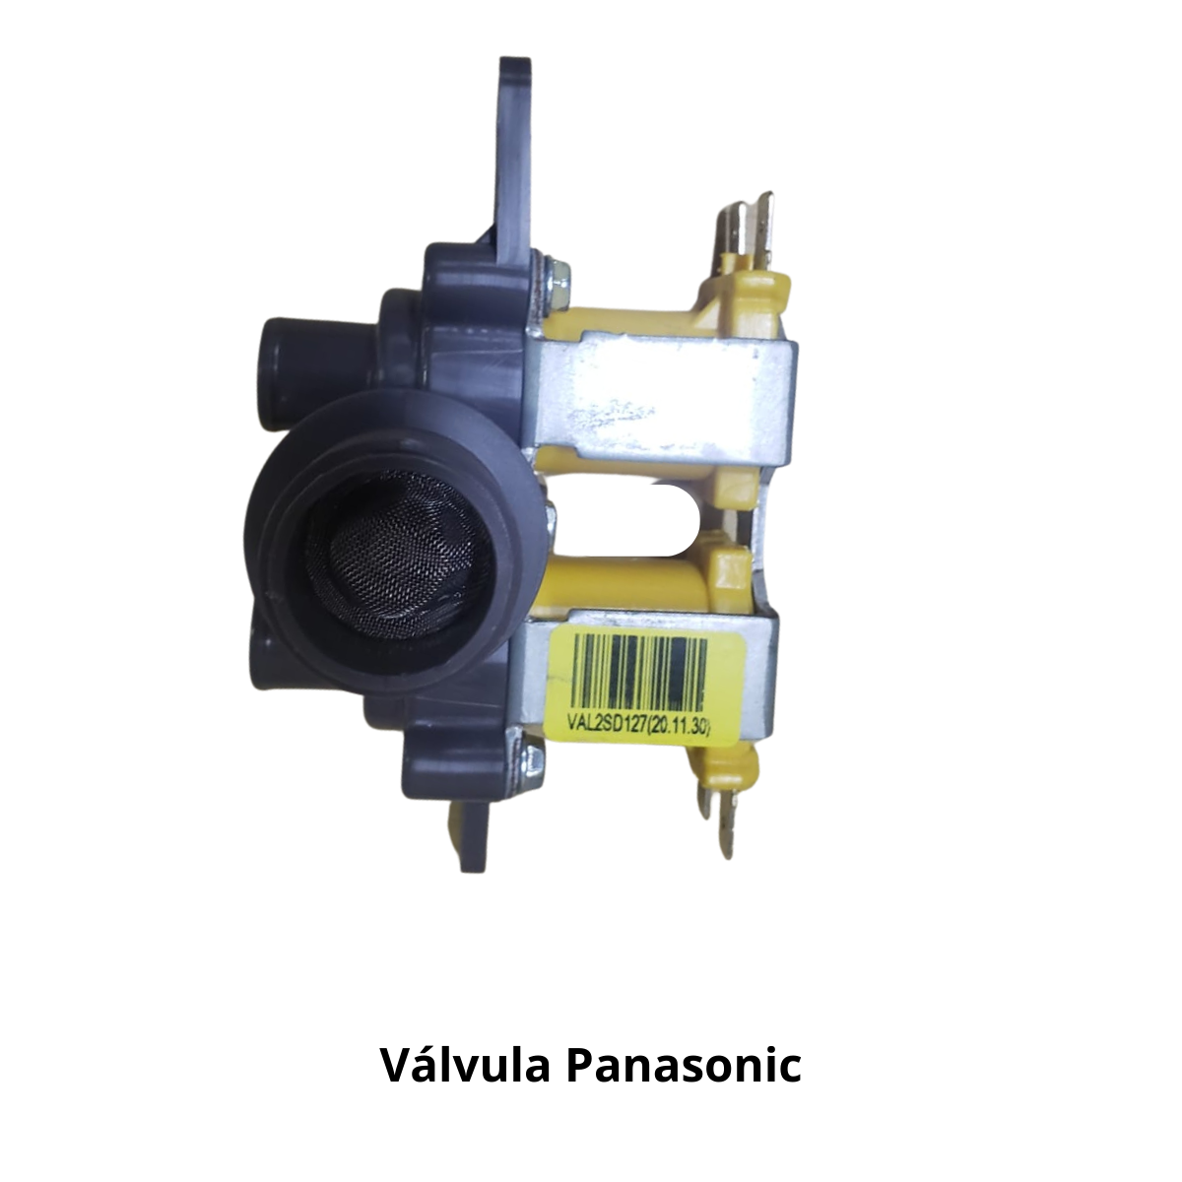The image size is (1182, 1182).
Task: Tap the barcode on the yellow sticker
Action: tap(639, 672)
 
